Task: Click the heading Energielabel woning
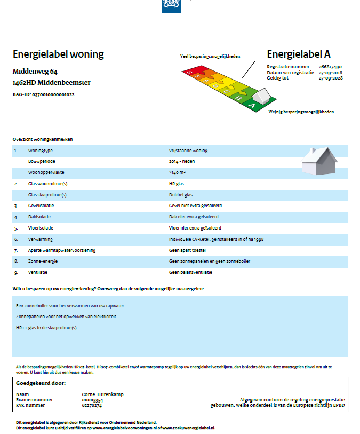click(58, 54)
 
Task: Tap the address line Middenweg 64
click(35, 72)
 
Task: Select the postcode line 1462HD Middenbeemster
click(51, 83)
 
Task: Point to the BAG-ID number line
click(43, 94)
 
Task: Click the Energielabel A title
click(299, 54)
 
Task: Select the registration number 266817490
click(330, 67)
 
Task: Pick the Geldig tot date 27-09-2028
click(330, 78)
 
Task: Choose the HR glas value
click(176, 184)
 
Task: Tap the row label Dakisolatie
click(41, 217)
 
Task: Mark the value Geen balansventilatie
click(190, 272)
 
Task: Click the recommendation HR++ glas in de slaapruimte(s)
click(46, 328)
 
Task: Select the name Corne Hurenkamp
click(102, 394)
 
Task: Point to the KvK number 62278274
click(92, 405)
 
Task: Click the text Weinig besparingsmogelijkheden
click(301, 112)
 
